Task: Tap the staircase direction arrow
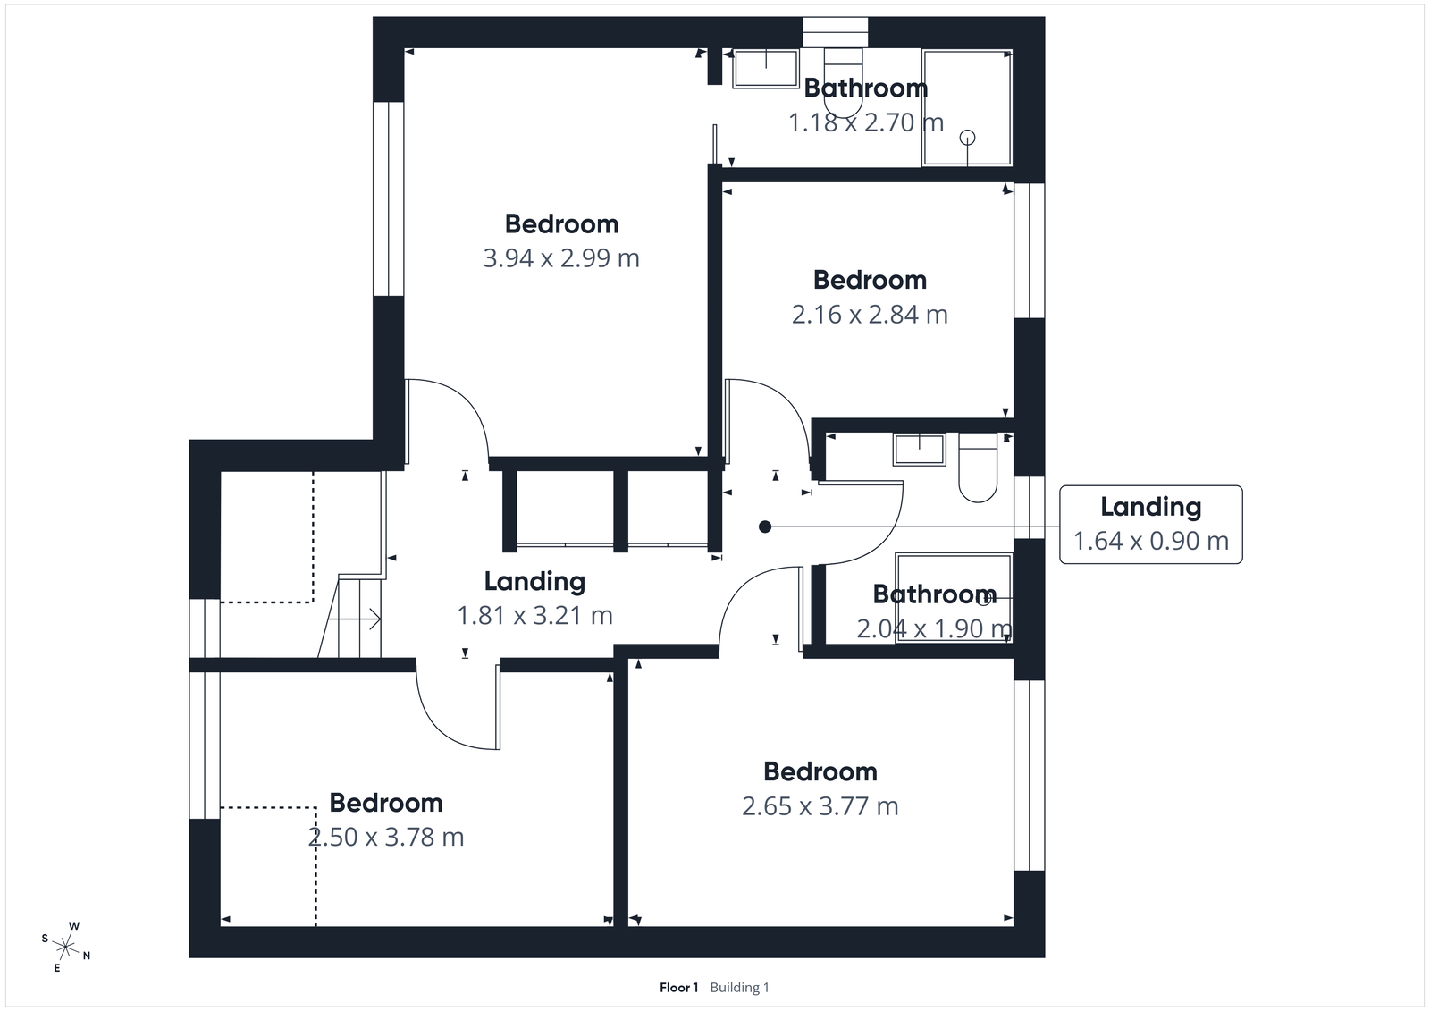point(368,618)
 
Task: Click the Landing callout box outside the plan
point(1150,525)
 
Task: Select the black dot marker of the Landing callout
point(765,527)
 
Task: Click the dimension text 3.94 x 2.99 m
point(561,258)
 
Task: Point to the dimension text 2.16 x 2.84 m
point(870,315)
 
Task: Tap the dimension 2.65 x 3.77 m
point(820,806)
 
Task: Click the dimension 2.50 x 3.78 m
point(386,838)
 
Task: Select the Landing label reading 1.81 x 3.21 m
point(534,616)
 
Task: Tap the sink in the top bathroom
point(766,69)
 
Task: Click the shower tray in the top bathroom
point(967,107)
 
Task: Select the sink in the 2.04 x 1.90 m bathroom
point(919,450)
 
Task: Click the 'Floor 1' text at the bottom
point(678,988)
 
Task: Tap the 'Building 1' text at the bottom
point(739,988)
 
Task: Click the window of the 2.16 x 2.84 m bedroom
point(1030,250)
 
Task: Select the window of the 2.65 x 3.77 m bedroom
point(1030,774)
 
